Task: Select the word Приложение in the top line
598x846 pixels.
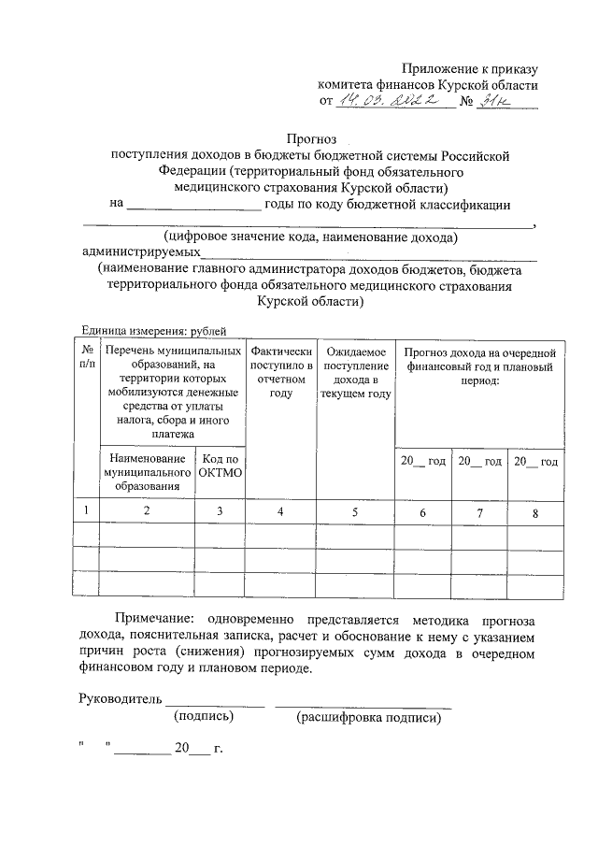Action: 435,67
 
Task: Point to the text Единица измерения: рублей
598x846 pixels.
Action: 154,329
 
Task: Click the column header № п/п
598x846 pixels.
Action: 87,357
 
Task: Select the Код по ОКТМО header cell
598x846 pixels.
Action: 220,466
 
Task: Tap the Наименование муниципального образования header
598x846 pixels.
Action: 147,472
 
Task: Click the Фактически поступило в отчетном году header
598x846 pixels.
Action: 280,373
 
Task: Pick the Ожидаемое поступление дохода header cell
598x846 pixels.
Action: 354,373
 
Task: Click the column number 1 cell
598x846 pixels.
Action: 87,511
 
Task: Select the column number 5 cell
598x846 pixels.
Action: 354,512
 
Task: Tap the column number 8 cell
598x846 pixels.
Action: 535,512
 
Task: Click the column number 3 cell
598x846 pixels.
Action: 220,512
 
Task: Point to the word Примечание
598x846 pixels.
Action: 153,620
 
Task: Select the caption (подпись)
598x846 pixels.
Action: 204,717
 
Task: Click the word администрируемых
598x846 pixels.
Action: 141,252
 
